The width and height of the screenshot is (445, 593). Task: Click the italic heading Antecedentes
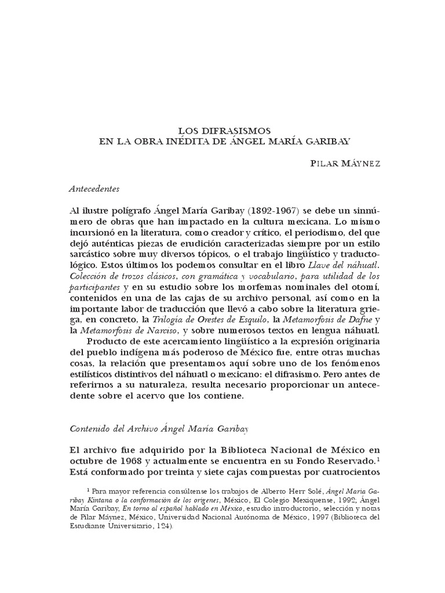pos(94,189)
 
